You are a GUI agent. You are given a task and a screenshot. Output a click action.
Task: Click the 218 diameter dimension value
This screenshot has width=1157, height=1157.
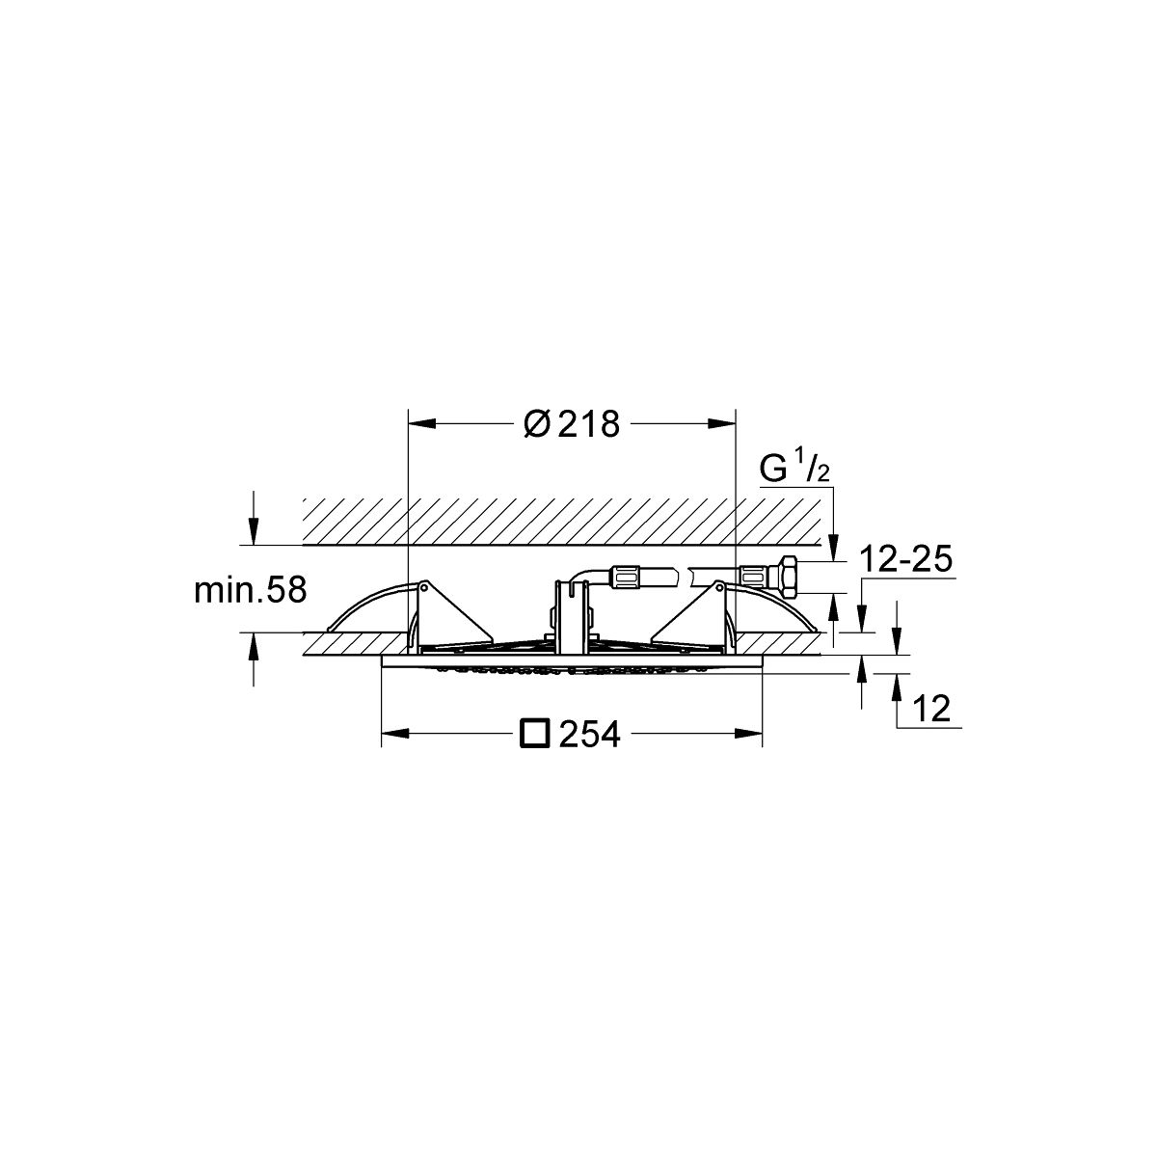(588, 424)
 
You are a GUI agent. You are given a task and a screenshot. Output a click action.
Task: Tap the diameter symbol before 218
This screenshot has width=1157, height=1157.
(537, 424)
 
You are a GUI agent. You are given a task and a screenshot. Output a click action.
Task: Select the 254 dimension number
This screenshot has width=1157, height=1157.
(589, 735)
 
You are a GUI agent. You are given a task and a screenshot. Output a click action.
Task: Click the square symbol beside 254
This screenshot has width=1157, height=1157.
(534, 734)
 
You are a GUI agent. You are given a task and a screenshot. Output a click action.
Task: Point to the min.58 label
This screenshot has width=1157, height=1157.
(251, 590)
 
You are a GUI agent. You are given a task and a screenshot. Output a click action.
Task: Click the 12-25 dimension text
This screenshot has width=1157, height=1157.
(906, 559)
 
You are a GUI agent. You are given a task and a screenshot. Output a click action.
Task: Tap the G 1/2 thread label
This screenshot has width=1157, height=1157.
(794, 469)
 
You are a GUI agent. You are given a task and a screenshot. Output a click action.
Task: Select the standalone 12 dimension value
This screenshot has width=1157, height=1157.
(931, 709)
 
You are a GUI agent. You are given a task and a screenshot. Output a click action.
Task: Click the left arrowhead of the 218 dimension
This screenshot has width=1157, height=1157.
(421, 424)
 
